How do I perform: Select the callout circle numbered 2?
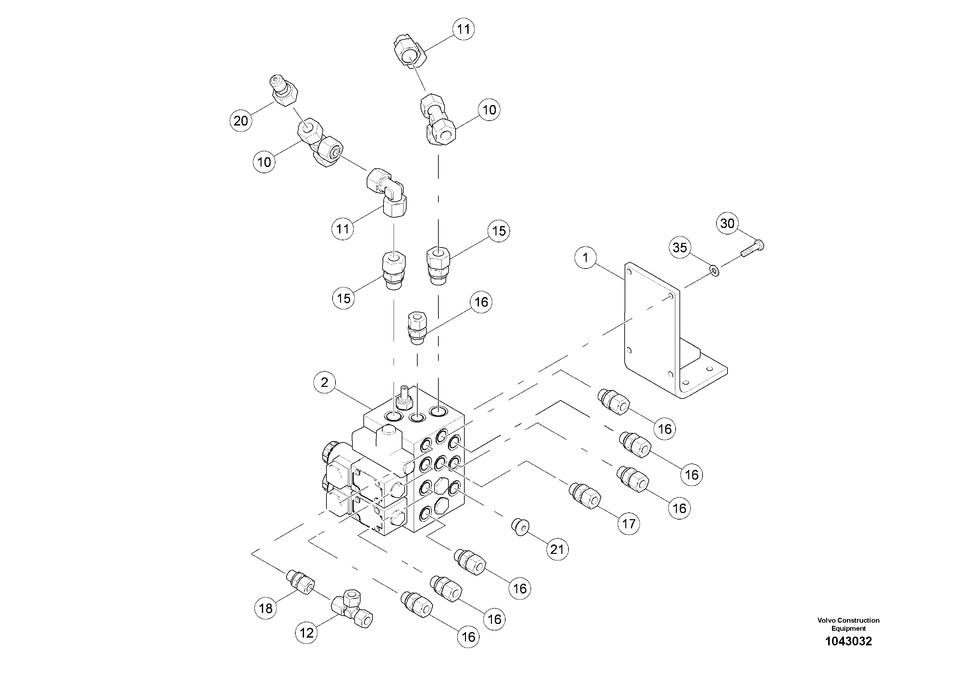[324, 382]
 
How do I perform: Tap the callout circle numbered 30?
[728, 223]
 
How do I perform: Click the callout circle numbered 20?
[241, 121]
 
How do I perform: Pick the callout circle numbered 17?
[629, 523]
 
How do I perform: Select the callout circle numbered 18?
[265, 608]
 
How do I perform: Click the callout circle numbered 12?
[306, 633]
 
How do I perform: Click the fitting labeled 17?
[585, 496]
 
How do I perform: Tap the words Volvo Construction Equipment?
[848, 624]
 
